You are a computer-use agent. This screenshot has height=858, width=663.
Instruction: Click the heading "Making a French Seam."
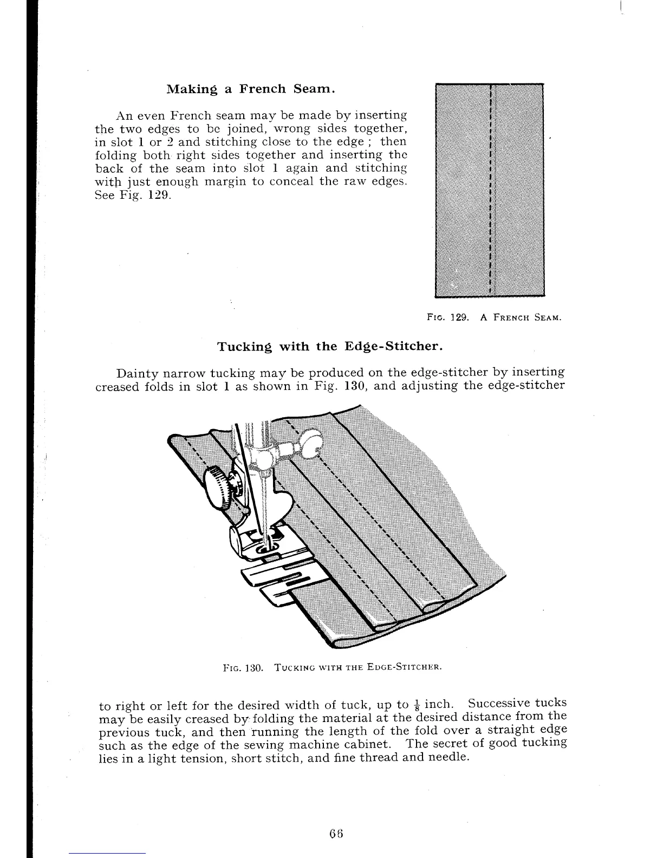tap(250, 89)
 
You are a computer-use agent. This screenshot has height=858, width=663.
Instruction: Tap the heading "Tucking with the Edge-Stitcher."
tap(330, 347)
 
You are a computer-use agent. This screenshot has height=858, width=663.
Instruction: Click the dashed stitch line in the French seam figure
tap(490, 190)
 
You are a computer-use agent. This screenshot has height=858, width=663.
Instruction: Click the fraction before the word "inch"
tap(417, 705)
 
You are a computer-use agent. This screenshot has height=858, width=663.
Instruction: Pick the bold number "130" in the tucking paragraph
tap(355, 386)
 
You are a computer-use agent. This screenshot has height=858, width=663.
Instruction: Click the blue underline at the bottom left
tap(107, 854)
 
